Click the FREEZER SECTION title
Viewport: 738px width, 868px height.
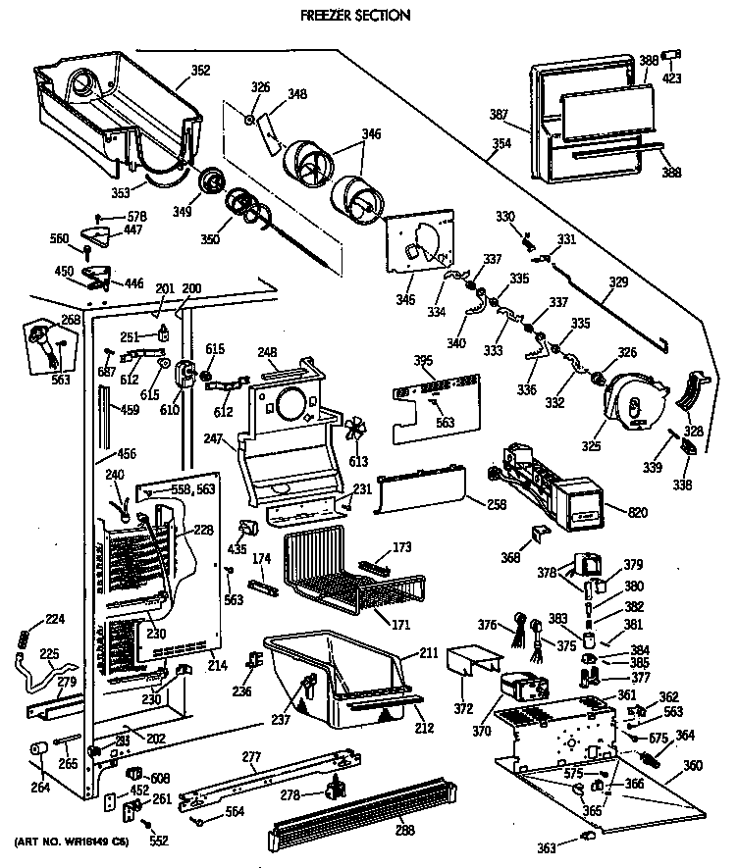342,16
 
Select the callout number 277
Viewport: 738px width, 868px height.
254,755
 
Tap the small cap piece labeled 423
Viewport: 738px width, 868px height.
672,52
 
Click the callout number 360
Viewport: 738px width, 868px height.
692,766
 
